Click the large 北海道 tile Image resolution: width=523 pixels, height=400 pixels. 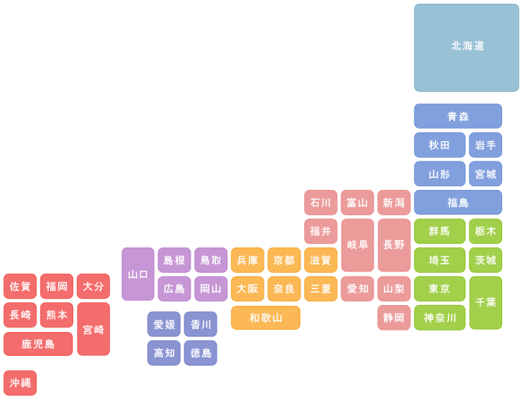pyautogui.click(x=466, y=48)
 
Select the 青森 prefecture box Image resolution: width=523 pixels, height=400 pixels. pyautogui.click(x=458, y=116)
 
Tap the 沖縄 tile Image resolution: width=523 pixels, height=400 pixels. pyautogui.click(x=20, y=383)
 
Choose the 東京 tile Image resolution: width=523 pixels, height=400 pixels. pyautogui.click(x=439, y=289)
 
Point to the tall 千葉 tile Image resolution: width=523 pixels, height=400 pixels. pyautogui.click(x=486, y=303)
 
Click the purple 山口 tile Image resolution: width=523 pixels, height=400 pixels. pyautogui.click(x=137, y=274)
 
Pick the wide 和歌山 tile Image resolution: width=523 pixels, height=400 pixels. pyautogui.click(x=265, y=318)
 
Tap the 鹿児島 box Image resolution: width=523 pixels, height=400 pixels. pyautogui.click(x=38, y=344)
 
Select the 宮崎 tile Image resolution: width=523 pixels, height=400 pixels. pyautogui.click(x=93, y=329)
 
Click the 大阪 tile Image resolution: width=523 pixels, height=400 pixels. pyautogui.click(x=247, y=289)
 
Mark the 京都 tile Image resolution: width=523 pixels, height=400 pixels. pyautogui.click(x=284, y=260)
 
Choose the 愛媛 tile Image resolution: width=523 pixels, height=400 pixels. pyautogui.click(x=164, y=324)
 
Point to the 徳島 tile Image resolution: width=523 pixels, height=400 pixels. pyautogui.click(x=200, y=353)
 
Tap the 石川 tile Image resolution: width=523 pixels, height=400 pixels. pyautogui.click(x=321, y=203)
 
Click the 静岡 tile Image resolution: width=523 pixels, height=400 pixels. pyautogui.click(x=394, y=318)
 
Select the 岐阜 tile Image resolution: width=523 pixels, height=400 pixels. pyautogui.click(x=358, y=245)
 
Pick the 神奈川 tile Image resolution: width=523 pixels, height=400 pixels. pyautogui.click(x=439, y=318)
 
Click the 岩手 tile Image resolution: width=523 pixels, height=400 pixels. pyautogui.click(x=486, y=145)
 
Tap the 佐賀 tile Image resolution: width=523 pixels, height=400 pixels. pyautogui.click(x=20, y=286)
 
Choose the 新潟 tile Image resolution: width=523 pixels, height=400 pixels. pyautogui.click(x=394, y=203)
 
